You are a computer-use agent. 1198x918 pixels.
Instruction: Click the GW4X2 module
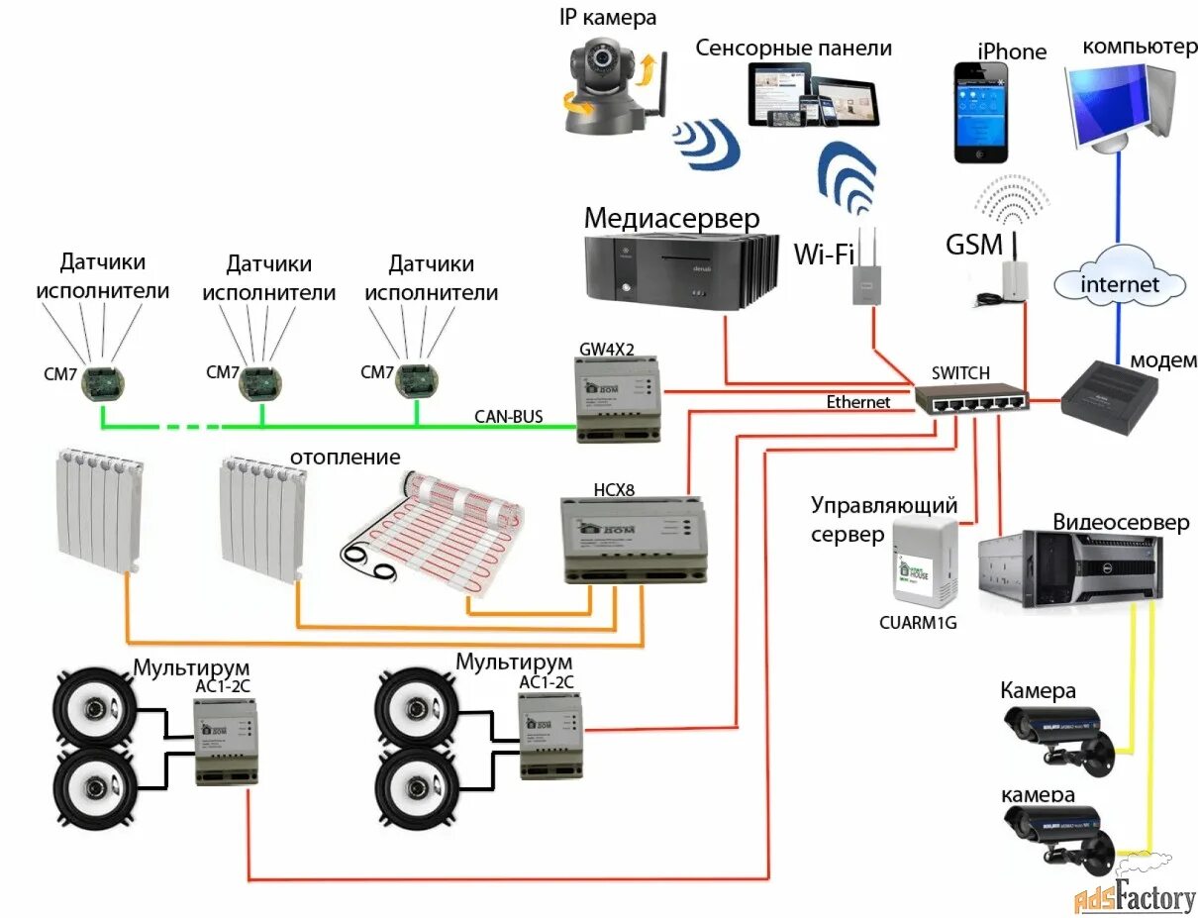[x=616, y=398]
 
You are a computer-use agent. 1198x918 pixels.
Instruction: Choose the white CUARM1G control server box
[x=925, y=563]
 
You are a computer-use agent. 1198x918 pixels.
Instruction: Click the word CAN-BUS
[x=507, y=416]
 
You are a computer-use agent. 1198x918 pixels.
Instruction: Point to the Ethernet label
[x=858, y=402]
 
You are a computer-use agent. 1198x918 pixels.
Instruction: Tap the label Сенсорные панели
[x=793, y=48]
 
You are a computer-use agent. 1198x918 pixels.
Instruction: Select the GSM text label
[x=974, y=244]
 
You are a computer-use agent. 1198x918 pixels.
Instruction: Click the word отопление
[x=345, y=457]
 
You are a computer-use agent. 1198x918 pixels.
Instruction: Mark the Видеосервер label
[x=1120, y=522]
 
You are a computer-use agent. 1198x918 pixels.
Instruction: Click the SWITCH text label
[x=960, y=372]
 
